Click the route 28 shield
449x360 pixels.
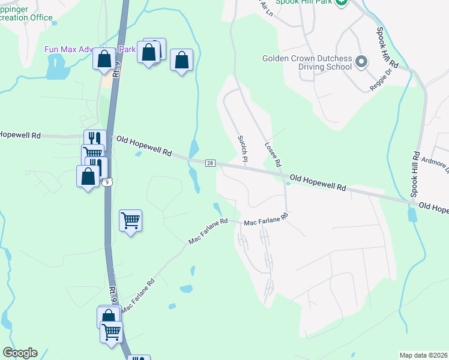pyautogui.click(x=210, y=163)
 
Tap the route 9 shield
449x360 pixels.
pyautogui.click(x=107, y=182)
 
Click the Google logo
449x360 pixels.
pyautogui.click(x=20, y=353)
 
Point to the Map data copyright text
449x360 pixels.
pyautogui.click(x=424, y=355)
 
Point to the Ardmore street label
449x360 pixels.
pyautogui.click(x=435, y=163)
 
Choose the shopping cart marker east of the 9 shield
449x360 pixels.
pyautogui.click(x=130, y=221)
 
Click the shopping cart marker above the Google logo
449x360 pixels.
pyautogui.click(x=111, y=332)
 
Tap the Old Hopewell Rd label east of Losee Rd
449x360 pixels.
pyautogui.click(x=318, y=182)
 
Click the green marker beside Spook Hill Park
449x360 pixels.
pyautogui.click(x=341, y=2)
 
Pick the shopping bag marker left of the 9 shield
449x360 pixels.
pyautogui.click(x=88, y=177)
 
